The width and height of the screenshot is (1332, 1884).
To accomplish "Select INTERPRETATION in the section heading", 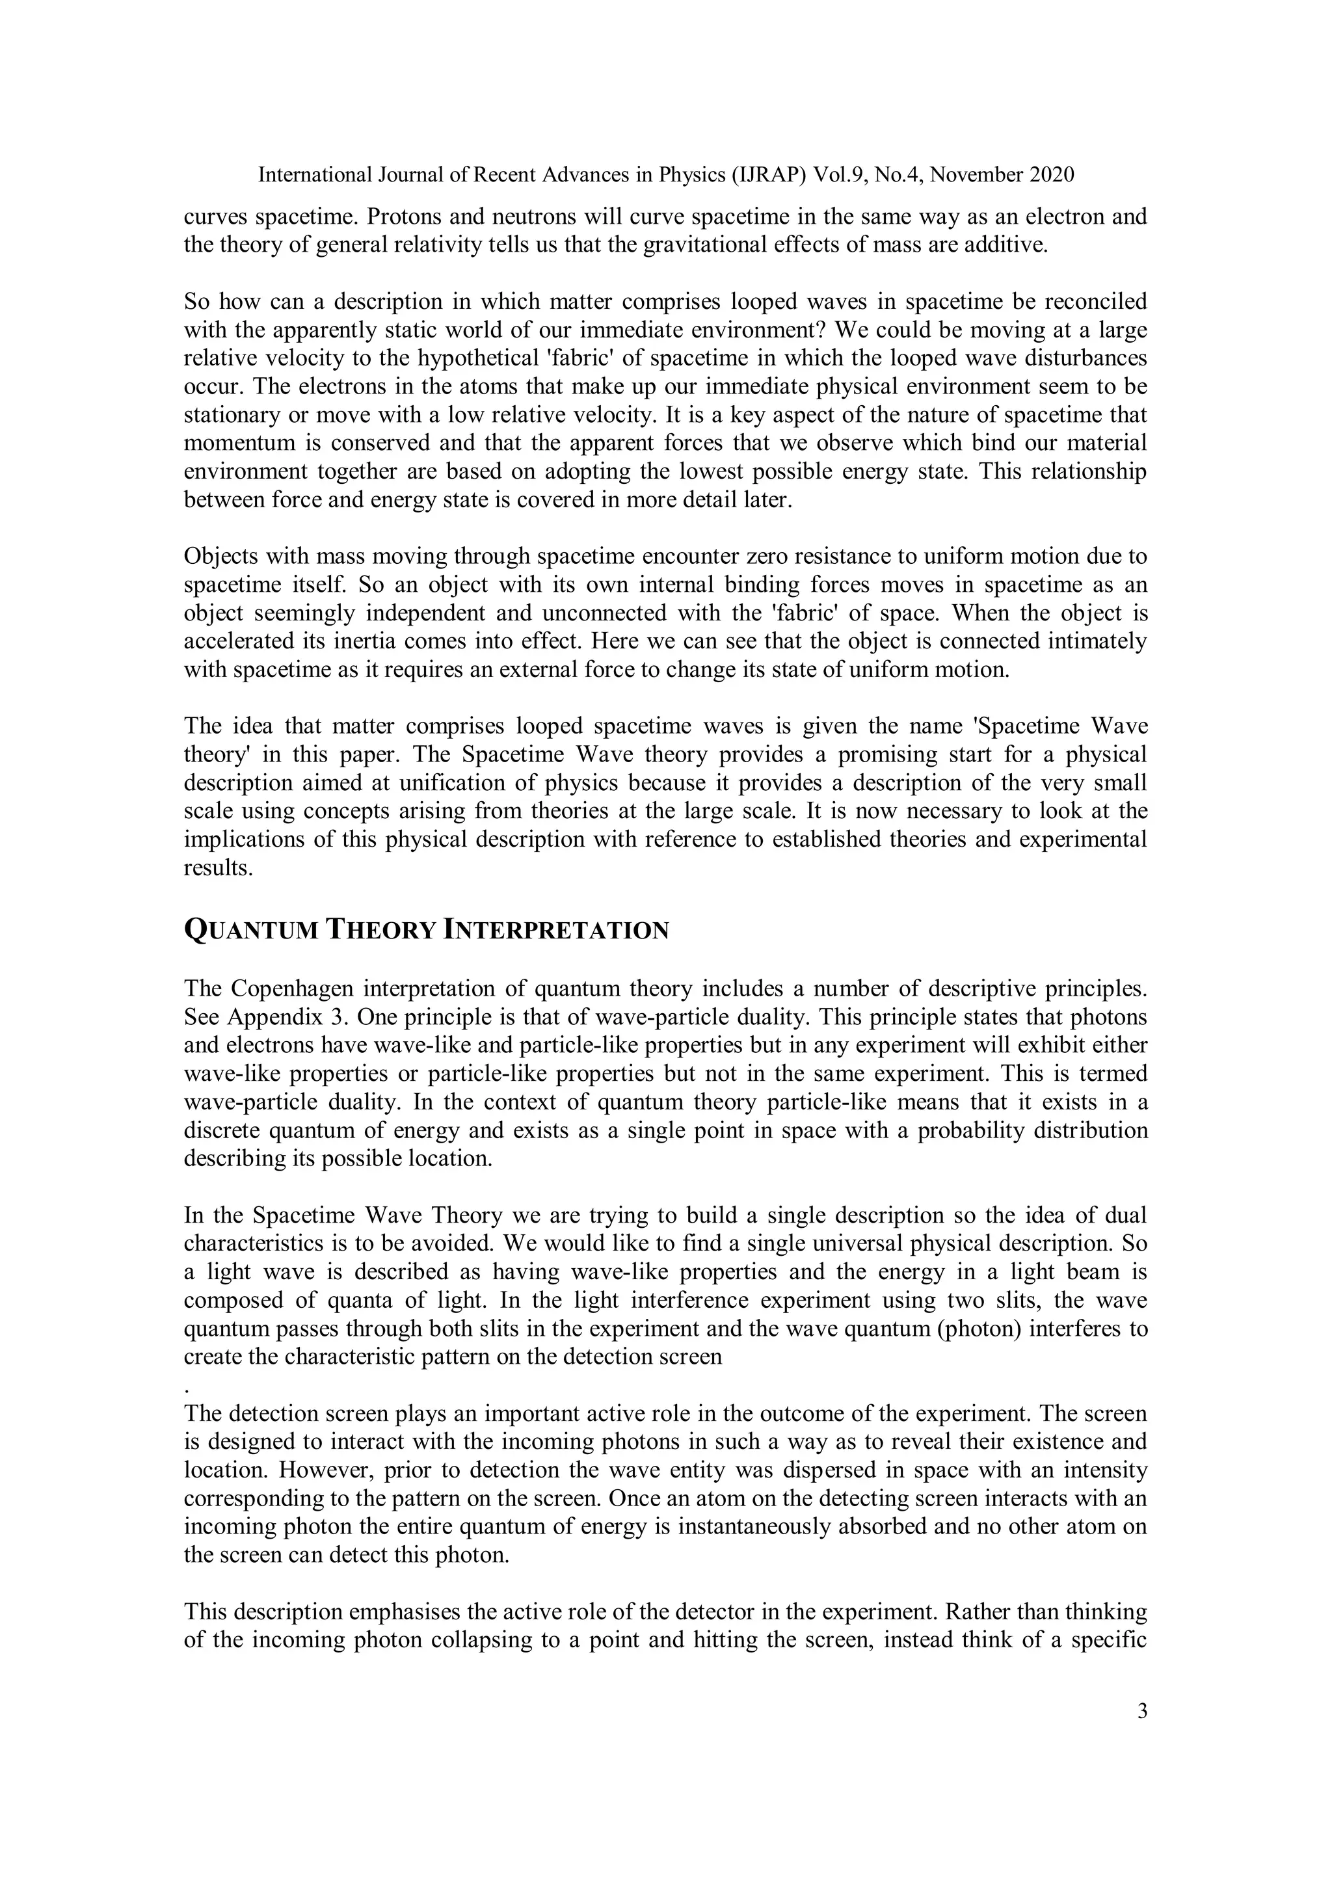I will click(x=555, y=931).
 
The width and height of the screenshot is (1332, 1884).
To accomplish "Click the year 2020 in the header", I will click(x=1048, y=175).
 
